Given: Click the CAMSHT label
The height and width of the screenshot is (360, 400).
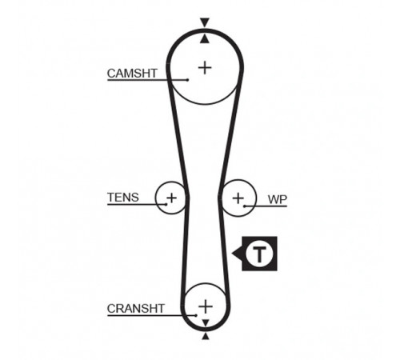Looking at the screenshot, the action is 132,74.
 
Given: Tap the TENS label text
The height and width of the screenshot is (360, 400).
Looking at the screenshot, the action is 123,198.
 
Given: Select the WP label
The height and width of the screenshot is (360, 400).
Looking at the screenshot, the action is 278,199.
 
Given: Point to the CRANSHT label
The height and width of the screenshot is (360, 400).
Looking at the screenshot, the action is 135,309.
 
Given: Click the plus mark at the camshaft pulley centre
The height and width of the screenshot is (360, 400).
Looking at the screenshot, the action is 205,67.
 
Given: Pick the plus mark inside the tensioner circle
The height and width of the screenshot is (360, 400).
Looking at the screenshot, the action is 171,198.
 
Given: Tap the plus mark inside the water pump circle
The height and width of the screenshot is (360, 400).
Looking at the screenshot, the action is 238,198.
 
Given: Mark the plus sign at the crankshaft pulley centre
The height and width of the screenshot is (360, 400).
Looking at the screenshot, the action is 206,306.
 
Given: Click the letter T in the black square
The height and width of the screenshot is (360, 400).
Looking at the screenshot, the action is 259,254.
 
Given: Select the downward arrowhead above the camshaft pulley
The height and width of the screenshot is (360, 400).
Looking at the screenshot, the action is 205,22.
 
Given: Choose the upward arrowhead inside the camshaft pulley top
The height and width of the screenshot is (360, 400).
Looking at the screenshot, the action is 205,39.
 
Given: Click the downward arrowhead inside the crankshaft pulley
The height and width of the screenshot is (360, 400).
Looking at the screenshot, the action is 206,323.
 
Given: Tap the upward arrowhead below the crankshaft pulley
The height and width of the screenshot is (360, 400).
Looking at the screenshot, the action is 206,336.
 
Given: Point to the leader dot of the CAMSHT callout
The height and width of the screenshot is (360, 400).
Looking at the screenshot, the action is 188,80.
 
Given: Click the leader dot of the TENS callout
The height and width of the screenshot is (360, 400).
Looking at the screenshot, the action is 166,205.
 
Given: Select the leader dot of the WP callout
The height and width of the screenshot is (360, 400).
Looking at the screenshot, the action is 244,206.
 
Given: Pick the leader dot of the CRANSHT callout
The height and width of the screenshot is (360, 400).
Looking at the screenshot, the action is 196,315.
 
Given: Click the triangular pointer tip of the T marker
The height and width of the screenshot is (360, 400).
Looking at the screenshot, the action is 233,254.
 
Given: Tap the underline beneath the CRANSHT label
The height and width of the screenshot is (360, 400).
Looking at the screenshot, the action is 151,316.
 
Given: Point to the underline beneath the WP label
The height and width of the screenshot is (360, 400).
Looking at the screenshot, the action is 266,206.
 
